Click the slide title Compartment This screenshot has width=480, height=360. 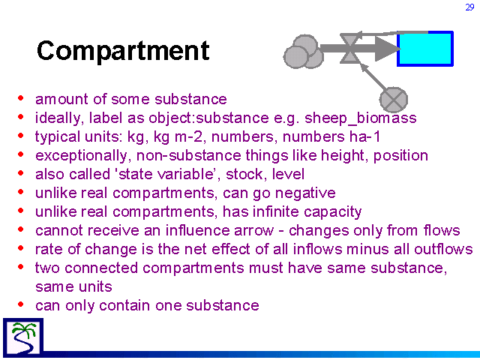point(123,51)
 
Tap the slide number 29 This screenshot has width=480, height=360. point(469,7)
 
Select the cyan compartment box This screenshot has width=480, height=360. point(425,49)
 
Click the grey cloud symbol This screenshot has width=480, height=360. point(303,52)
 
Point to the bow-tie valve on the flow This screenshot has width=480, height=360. point(349,48)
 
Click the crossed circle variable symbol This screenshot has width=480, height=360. point(393,100)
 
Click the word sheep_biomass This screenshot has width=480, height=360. point(360,118)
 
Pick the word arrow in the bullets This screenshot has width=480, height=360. point(253,231)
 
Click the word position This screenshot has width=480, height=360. point(400,156)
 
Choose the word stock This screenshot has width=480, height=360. point(244,174)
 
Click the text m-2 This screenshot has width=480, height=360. point(188,136)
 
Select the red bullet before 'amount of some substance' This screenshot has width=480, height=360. point(21,98)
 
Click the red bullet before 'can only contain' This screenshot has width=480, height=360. point(21,304)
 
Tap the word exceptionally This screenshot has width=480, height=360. point(81,156)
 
